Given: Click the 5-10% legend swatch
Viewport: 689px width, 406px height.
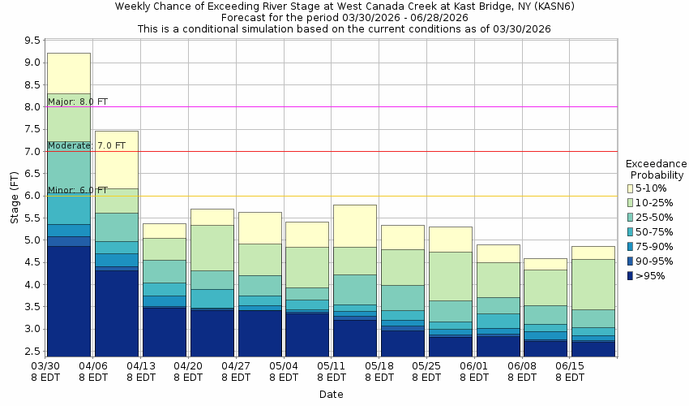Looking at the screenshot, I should pyautogui.click(x=631, y=188).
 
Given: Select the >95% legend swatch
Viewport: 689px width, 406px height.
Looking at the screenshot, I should pyautogui.click(x=631, y=276).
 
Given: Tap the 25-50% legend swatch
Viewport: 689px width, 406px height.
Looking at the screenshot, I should pyautogui.click(x=631, y=218).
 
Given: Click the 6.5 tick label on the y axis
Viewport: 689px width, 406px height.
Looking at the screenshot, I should pyautogui.click(x=32, y=173).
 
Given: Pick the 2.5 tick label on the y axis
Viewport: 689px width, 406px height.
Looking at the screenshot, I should pyautogui.click(x=32, y=351).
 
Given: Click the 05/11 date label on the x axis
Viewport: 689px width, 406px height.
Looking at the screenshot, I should pyautogui.click(x=331, y=372).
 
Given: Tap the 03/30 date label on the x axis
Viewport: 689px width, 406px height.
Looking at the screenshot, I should pyautogui.click(x=45, y=372).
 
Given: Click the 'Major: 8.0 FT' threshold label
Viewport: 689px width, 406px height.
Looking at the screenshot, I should pyautogui.click(x=77, y=101).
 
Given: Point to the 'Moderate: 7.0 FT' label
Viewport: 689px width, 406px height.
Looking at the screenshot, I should pyautogui.click(x=86, y=145).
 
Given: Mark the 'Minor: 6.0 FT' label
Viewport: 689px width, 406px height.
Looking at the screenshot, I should pyautogui.click(x=77, y=190).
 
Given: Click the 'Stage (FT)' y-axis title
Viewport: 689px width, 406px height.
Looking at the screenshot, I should pyautogui.click(x=15, y=197).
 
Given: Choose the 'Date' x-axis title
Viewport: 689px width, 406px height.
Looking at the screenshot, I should pyautogui.click(x=331, y=395).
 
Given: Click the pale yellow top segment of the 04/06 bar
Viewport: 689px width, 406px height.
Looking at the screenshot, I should pyautogui.click(x=117, y=159).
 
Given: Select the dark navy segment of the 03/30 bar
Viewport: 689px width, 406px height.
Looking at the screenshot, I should pyautogui.click(x=69, y=300).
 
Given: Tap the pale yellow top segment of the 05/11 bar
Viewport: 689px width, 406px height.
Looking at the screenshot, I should pyautogui.click(x=355, y=226).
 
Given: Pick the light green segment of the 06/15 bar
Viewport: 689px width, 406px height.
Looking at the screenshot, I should pyautogui.click(x=593, y=284).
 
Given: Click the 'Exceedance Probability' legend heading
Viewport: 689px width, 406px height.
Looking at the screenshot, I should pyautogui.click(x=656, y=169).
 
